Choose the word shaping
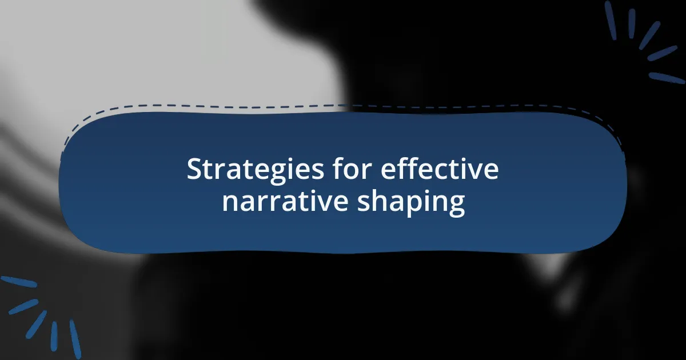(x=410, y=203)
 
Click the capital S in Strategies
(x=194, y=170)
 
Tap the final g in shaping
(x=456, y=206)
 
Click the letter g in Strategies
(x=267, y=173)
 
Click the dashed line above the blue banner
(x=343, y=106)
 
